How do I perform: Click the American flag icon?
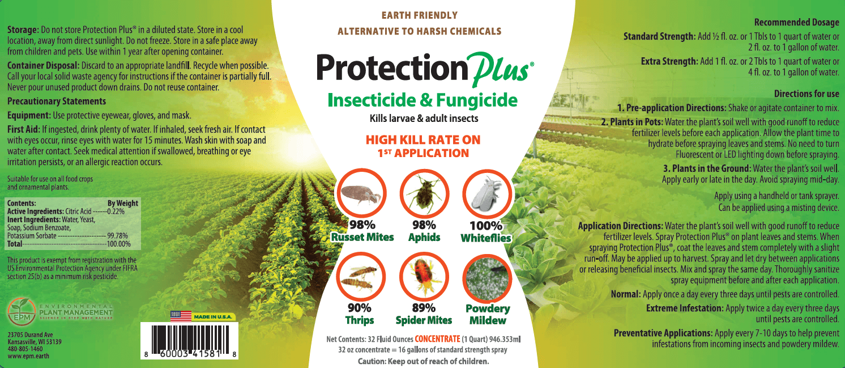(181, 316)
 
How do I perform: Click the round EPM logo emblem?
(21, 311)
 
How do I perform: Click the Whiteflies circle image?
(487, 194)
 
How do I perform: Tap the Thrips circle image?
(361, 277)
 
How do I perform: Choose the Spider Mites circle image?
(424, 277)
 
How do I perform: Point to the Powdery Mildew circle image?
(487, 278)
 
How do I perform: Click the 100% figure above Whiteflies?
(486, 226)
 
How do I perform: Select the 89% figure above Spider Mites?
(424, 308)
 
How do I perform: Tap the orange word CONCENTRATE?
(437, 339)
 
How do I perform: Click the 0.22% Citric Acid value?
(116, 212)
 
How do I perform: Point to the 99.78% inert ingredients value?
(117, 236)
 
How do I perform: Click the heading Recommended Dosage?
(797, 22)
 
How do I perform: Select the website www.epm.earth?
(28, 356)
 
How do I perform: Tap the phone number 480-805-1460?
(25, 349)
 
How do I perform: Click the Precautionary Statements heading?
(57, 101)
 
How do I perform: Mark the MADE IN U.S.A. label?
(213, 317)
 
